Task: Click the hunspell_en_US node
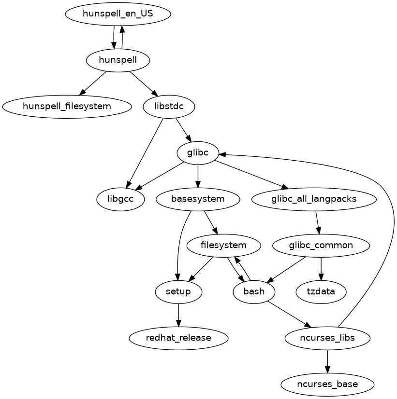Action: coord(118,14)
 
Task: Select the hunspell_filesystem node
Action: coord(67,106)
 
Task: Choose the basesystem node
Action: coord(198,199)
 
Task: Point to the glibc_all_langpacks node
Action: coord(314,199)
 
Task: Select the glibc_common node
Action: coord(321,246)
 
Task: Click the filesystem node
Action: coord(223,246)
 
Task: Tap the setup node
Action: coord(178,292)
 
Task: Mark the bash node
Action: coord(254,292)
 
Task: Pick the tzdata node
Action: coord(321,292)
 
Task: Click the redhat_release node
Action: coord(178,338)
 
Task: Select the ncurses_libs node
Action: coord(327,338)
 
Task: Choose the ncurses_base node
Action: coord(327,385)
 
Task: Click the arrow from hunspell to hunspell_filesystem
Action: coord(93,83)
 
